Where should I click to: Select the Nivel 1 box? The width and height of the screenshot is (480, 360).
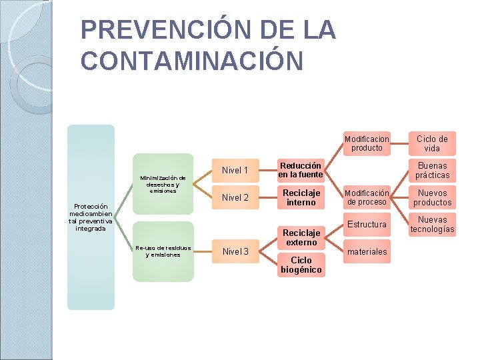(x=235, y=170)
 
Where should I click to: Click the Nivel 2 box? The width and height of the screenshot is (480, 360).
(x=235, y=197)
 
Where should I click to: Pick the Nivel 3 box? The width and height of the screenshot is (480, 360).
(x=235, y=251)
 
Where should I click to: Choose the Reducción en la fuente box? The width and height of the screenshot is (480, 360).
(x=301, y=170)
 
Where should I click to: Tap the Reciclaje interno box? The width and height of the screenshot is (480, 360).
(x=301, y=197)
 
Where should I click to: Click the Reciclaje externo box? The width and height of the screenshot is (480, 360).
(x=301, y=237)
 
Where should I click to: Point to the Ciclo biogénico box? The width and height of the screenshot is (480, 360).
(x=301, y=265)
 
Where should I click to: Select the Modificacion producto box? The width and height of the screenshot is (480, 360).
(x=367, y=143)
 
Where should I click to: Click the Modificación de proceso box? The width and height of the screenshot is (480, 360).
(x=367, y=197)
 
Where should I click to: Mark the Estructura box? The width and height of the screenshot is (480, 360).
(x=367, y=225)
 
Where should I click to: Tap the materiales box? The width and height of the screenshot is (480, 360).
(x=367, y=251)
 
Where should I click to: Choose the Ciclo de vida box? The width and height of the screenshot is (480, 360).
(x=432, y=143)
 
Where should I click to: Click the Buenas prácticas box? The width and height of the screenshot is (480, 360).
(x=432, y=170)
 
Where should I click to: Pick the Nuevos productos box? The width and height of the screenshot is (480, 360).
(x=432, y=197)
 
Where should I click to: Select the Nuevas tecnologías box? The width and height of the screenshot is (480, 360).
(x=432, y=225)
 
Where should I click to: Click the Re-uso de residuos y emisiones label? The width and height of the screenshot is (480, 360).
(x=163, y=251)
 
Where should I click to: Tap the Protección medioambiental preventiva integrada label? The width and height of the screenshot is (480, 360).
(x=91, y=217)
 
